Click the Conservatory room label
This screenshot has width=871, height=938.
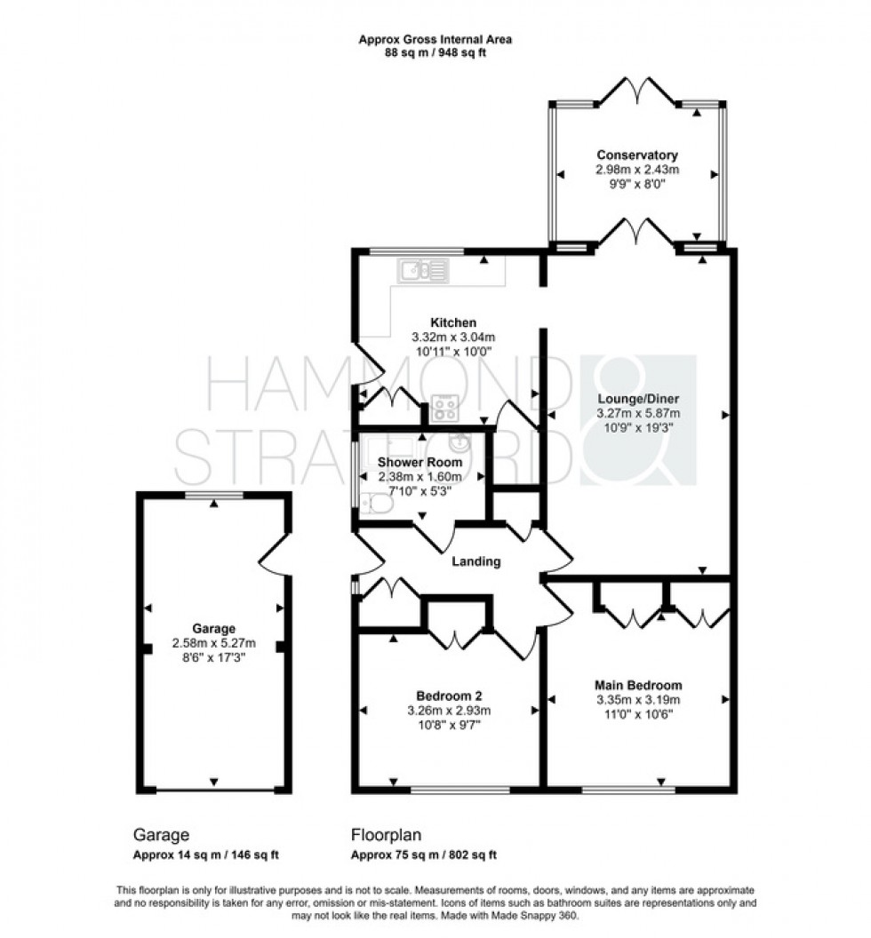(638, 155)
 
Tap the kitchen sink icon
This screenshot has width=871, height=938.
(424, 269)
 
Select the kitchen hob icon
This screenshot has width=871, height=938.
(445, 409)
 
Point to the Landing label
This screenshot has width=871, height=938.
(476, 561)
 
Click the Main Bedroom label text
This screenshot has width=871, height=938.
(638, 685)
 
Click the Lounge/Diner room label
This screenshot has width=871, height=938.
(637, 399)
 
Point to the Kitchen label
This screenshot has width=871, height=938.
(453, 322)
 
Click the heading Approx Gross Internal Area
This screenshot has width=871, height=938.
(435, 39)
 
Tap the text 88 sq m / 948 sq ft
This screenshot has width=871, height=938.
(435, 52)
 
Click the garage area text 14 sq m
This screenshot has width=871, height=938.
(205, 855)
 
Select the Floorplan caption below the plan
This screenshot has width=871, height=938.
(385, 835)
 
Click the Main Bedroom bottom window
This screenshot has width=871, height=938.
(627, 789)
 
